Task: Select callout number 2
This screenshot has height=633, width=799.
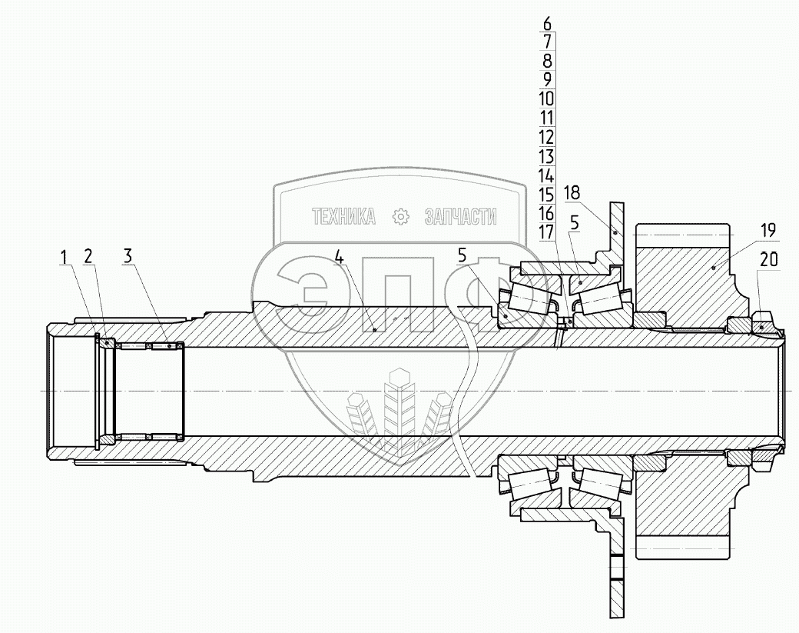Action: pyautogui.click(x=88, y=257)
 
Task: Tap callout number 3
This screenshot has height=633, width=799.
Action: pyautogui.click(x=127, y=257)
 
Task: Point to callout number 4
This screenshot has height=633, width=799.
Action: pyautogui.click(x=340, y=258)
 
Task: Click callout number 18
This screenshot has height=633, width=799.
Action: pyautogui.click(x=572, y=193)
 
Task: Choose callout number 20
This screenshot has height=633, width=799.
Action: pyautogui.click(x=769, y=260)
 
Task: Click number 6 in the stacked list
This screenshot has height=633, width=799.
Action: pyautogui.click(x=547, y=23)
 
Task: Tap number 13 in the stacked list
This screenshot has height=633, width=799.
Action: pyautogui.click(x=546, y=157)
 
